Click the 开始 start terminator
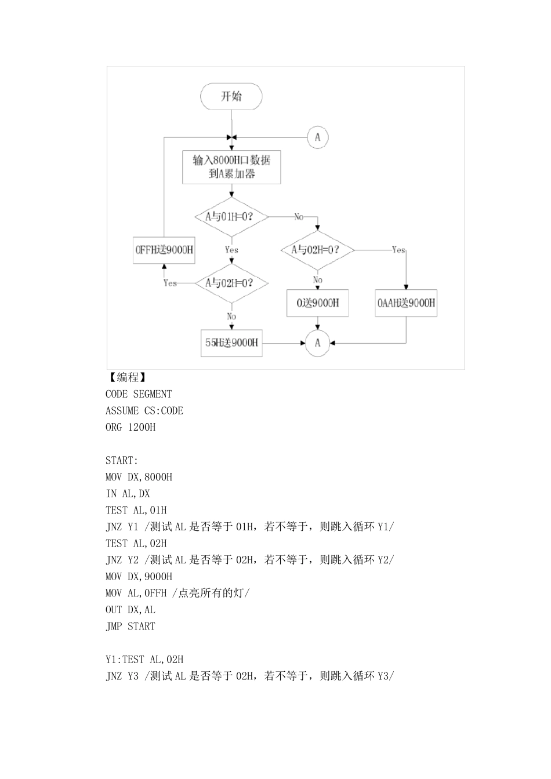pyautogui.click(x=231, y=96)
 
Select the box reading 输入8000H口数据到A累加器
pyautogui.click(x=231, y=167)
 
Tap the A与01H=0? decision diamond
pyautogui.click(x=231, y=217)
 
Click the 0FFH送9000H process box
pyautogui.click(x=164, y=250)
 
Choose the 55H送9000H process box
pyautogui.click(x=231, y=343)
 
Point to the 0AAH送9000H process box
pyautogui.click(x=406, y=303)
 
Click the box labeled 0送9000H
pyautogui.click(x=317, y=303)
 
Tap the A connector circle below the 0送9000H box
pyautogui.click(x=317, y=343)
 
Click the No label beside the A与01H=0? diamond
pyautogui.click(x=299, y=217)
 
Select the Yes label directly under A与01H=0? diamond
pyautogui.click(x=231, y=250)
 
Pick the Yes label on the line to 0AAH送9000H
pyautogui.click(x=398, y=250)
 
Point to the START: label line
pyautogui.click(x=122, y=460)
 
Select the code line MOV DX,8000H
pyautogui.click(x=139, y=477)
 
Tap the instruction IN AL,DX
pyautogui.click(x=128, y=494)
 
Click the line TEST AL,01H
pyautogui.click(x=136, y=510)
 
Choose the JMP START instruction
pyautogui.click(x=130, y=626)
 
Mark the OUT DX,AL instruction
pyautogui.click(x=130, y=610)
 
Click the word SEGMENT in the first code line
pyautogui.click(x=153, y=394)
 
